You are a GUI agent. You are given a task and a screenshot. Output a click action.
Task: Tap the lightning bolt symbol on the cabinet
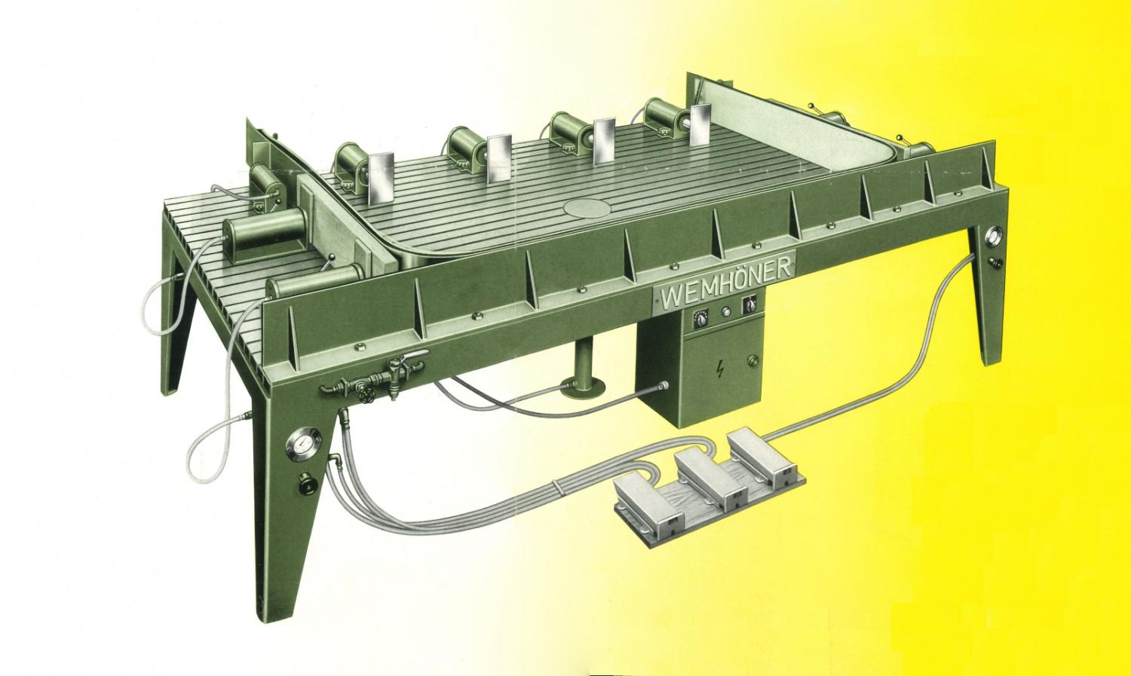720,371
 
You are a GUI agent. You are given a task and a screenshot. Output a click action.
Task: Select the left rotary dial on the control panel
700,318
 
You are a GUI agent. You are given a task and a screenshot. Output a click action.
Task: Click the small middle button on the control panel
726,312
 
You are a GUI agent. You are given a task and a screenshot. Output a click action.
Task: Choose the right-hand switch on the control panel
748,304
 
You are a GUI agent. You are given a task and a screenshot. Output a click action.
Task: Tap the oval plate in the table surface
587,206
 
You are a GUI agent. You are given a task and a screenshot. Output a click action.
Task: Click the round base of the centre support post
584,387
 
